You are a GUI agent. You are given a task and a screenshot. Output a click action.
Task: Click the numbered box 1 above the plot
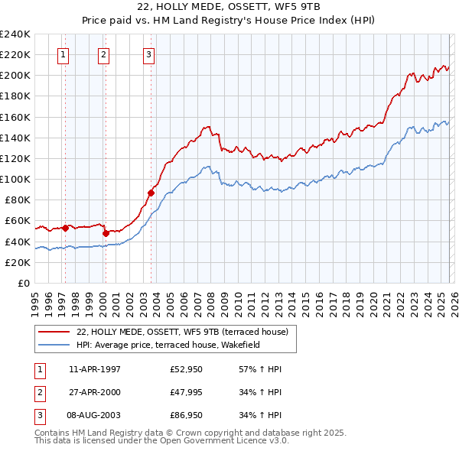click(x=62, y=54)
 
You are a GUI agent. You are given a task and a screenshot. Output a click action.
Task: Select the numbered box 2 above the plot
click(x=103, y=54)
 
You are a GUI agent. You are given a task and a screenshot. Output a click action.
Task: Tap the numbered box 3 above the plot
click(x=148, y=54)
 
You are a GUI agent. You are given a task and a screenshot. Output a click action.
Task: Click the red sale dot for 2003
click(x=151, y=193)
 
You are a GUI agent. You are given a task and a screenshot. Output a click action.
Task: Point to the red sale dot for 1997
click(x=65, y=228)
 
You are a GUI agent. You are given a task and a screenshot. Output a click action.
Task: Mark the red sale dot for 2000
click(x=106, y=232)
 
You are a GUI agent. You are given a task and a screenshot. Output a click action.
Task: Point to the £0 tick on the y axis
click(x=24, y=283)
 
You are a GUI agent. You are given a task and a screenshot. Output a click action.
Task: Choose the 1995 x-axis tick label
click(x=35, y=303)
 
